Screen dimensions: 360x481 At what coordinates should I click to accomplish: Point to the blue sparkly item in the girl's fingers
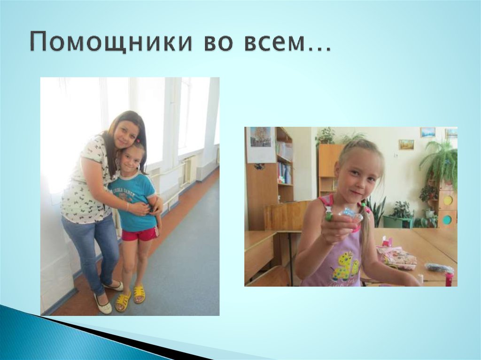pos(350,214)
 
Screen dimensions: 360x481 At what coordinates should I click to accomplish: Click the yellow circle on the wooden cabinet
pos(448,200)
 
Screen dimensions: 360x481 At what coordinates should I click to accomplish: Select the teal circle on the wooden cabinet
pos(447,220)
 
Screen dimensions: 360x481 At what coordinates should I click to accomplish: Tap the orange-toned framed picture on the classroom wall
pos(406,144)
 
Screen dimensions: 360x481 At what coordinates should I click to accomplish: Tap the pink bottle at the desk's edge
pos(449,279)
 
